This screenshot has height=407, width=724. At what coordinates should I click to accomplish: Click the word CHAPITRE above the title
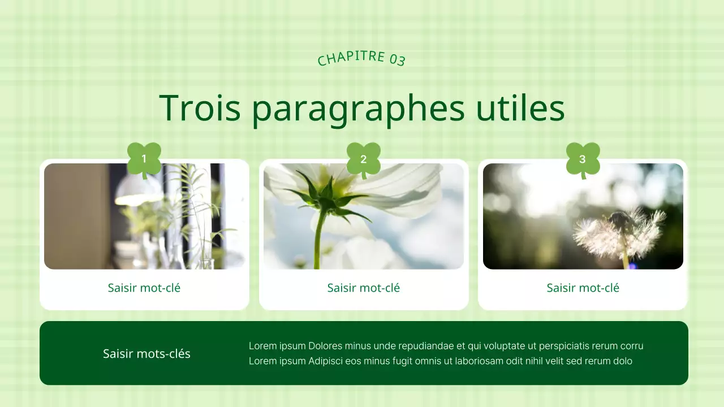(351, 58)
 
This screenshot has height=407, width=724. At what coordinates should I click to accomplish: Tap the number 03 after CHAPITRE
(397, 59)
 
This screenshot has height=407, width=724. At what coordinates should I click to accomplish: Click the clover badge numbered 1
(144, 159)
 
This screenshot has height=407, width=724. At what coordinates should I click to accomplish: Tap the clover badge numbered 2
(364, 159)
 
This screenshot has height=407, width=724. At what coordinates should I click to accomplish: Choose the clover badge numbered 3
(583, 159)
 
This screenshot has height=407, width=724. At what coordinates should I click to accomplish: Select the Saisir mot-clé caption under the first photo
(144, 288)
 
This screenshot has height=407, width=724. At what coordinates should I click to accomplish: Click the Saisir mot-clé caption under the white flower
(364, 288)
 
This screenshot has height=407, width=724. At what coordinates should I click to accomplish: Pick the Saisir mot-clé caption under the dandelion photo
(583, 288)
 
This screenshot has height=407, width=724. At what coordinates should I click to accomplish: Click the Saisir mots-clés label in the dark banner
(146, 354)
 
